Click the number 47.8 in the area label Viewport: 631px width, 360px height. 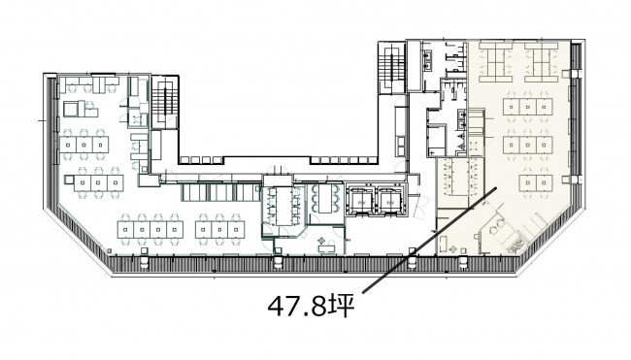297,307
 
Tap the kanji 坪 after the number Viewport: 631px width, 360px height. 342,307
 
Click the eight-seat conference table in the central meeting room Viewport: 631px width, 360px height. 284,206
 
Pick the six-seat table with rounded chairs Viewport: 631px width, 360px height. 326,199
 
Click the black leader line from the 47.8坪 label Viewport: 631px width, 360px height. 430,240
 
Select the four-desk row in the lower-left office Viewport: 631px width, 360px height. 150,230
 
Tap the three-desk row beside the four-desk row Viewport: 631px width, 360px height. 219,230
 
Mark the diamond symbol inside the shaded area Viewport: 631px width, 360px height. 454,248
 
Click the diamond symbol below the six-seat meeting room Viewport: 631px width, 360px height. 321,241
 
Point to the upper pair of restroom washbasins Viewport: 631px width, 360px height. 427,59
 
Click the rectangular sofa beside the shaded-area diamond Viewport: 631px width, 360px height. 443,245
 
